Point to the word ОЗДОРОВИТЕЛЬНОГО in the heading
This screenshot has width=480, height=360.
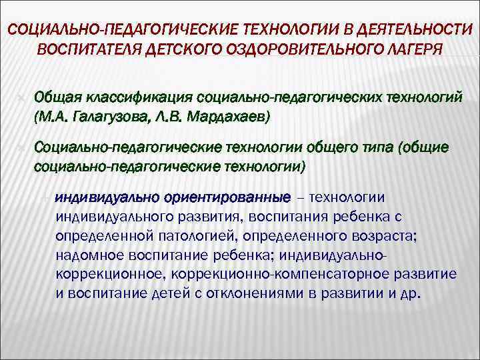point(283,50)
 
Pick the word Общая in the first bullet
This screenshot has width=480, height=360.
point(57,98)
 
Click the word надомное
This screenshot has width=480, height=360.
point(86,256)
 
